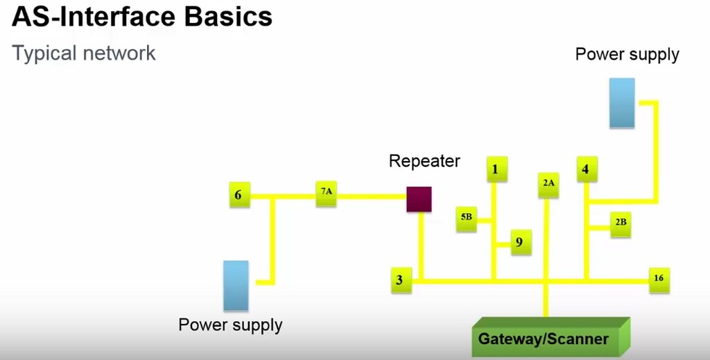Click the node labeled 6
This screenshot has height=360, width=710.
[239, 195]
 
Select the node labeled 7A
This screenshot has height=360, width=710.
[326, 194]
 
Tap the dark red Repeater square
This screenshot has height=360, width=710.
[419, 199]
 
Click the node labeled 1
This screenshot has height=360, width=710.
[496, 169]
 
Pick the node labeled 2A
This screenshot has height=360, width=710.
[548, 184]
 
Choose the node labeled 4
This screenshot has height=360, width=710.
[586, 169]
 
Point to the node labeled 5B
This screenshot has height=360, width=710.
[466, 218]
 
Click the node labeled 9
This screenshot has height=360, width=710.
[521, 243]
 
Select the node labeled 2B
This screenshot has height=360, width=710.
[621, 223]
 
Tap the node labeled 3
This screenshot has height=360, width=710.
[400, 280]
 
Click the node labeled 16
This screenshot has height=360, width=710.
[659, 279]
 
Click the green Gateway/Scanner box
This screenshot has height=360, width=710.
[544, 339]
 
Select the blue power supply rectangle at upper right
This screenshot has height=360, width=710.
[622, 103]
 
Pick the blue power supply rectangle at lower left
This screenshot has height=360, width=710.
[236, 285]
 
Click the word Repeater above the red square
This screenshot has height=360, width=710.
[424, 162]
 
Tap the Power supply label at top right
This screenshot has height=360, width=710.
[627, 54]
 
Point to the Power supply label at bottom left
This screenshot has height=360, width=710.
[230, 325]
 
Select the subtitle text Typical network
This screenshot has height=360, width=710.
[84, 53]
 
